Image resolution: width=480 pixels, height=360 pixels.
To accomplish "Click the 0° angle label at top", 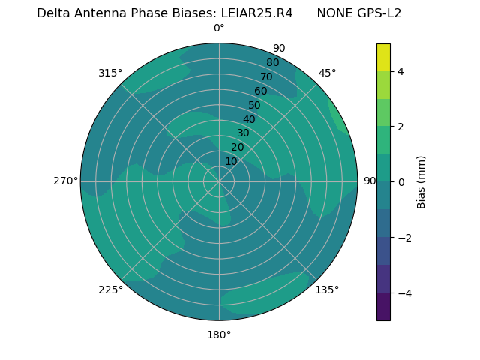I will click(219, 28).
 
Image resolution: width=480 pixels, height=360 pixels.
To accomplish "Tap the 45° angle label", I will click(327, 73).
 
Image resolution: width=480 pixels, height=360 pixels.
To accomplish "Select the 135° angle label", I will click(327, 289).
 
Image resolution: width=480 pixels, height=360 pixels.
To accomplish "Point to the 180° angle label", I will click(219, 334).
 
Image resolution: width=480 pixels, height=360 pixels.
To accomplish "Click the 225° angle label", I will click(110, 289).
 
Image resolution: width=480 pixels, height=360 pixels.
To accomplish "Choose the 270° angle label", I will click(65, 181).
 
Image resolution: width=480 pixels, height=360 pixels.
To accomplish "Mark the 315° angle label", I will click(110, 73).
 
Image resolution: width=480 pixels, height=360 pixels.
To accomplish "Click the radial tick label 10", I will click(231, 161).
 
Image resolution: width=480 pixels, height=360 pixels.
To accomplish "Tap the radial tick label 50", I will click(254, 106).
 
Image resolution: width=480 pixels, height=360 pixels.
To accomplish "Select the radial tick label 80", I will click(272, 62).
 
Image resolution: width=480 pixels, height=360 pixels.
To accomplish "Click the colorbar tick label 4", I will click(401, 71).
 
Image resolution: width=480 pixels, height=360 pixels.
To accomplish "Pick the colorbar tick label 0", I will click(401, 182).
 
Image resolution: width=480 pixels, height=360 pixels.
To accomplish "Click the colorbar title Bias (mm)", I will click(421, 181).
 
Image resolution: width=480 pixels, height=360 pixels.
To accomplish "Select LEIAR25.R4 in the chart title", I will click(256, 13).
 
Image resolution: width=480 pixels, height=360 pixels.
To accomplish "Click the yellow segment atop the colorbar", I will click(383, 57).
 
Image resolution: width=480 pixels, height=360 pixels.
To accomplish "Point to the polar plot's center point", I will click(219, 181).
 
